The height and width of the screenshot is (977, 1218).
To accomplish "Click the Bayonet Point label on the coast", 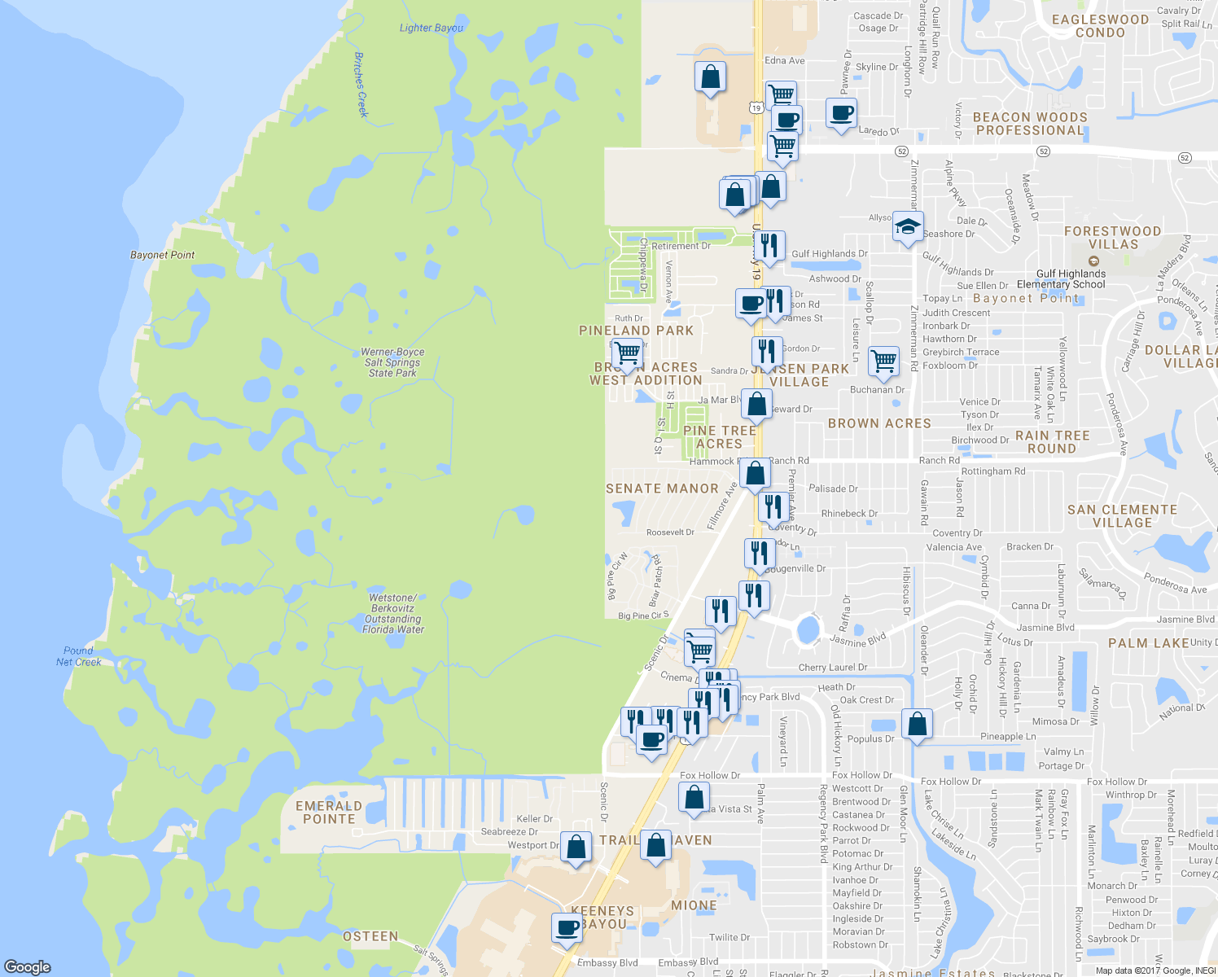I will point(163,255).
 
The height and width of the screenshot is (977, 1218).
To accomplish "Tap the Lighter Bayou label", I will point(432,28).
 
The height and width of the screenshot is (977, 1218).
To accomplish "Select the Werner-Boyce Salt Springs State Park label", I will point(393,362).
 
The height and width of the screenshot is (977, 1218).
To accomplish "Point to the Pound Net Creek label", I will point(79,656).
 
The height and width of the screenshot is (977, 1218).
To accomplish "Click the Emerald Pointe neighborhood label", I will point(329,813).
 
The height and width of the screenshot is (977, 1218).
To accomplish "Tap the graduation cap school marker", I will point(907,227).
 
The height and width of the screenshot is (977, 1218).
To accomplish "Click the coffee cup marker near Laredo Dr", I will point(841,113).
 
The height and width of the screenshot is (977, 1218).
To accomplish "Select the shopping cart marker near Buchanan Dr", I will point(883,360).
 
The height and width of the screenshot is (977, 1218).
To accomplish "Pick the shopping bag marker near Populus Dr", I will point(917,724).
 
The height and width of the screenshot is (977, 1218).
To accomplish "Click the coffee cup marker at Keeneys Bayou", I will point(567,927).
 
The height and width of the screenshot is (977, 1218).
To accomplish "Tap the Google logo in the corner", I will point(28,967).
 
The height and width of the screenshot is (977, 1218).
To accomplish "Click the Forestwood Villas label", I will point(1112,238).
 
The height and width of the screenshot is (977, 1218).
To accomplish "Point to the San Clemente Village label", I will point(1122,516).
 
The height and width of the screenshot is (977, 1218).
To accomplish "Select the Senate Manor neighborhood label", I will point(662,488).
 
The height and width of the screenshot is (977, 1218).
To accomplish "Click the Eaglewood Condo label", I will point(1100,26).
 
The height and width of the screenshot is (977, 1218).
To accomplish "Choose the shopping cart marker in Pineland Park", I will point(627,353).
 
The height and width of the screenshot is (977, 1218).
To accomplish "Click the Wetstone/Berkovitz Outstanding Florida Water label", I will point(392,614).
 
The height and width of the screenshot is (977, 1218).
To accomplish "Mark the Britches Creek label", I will point(361,85).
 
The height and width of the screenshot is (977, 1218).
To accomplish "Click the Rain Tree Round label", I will point(1052,442).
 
